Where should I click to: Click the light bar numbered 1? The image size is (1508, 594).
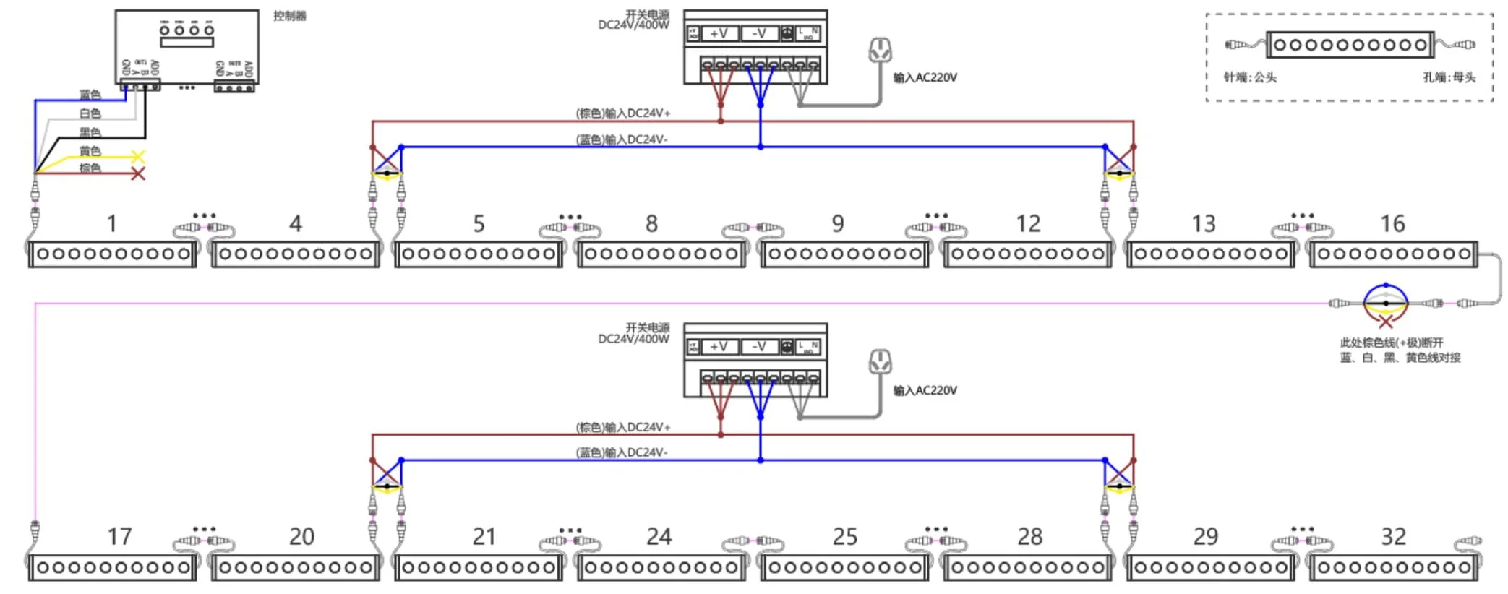(113, 254)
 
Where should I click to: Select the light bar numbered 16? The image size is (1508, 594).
(1392, 254)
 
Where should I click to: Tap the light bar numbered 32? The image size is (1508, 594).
(1393, 568)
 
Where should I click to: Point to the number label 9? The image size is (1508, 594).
(837, 224)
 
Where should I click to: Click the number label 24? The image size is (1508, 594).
(659, 537)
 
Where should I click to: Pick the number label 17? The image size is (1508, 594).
(119, 537)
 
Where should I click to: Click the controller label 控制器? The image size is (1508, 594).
(289, 16)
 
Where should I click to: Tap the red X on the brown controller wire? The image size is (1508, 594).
(138, 173)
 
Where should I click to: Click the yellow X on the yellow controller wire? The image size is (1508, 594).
(138, 156)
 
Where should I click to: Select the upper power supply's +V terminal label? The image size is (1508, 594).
(719, 33)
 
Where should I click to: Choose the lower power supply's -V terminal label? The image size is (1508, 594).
(758, 347)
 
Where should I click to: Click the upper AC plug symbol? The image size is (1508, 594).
(880, 51)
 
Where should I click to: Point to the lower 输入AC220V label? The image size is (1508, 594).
(925, 391)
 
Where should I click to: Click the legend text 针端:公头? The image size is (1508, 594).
(1250, 77)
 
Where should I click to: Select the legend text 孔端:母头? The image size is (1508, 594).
(1449, 77)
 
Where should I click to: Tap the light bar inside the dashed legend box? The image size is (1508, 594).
(1350, 45)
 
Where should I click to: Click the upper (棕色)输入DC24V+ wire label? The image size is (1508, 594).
(622, 113)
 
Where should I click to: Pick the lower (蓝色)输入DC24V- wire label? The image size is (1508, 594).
(621, 453)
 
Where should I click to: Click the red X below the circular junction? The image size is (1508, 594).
(1385, 322)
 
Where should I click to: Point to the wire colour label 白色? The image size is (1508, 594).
(90, 113)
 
